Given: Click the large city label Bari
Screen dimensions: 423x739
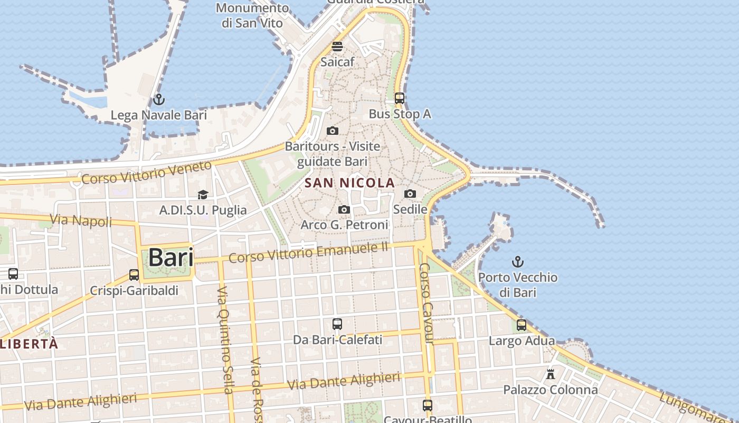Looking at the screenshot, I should (170, 258).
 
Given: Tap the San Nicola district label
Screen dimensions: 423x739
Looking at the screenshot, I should (350, 183).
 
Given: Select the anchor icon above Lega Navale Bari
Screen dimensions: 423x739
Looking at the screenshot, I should (158, 99).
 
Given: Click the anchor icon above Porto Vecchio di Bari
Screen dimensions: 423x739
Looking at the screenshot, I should (518, 261).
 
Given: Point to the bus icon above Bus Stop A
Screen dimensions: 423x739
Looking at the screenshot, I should (400, 98).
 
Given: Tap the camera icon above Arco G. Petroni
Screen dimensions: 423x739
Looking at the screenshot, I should (344, 210).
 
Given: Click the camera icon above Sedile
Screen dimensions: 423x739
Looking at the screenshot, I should (410, 194).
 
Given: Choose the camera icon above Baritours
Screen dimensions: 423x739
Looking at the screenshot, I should (333, 131).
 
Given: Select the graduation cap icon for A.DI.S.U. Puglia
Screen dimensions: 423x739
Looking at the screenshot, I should (203, 195).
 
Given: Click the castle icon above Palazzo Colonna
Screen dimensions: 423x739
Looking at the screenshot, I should (551, 374).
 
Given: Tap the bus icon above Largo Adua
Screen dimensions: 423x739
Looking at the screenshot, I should (522, 325).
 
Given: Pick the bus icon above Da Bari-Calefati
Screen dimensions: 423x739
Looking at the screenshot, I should (337, 324).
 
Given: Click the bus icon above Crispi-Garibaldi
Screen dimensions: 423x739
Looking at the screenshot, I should (134, 275).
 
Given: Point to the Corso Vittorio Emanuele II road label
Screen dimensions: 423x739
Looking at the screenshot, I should (308, 253).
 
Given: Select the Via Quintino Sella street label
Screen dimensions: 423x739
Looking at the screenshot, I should (225, 341).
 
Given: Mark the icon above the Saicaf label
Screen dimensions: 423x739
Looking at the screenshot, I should (337, 47).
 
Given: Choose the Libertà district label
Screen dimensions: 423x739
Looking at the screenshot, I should (29, 344).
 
